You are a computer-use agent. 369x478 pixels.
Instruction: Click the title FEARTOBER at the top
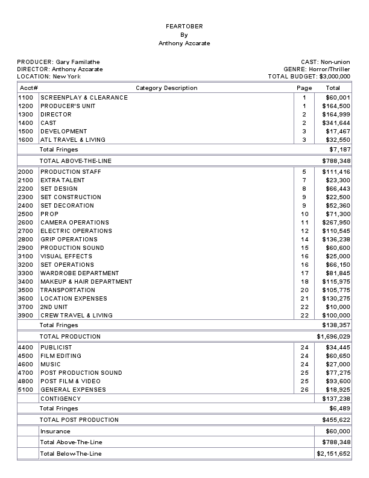(x=184, y=27)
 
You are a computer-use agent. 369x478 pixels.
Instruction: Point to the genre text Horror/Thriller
(x=329, y=69)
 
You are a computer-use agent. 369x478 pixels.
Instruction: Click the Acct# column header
(x=28, y=88)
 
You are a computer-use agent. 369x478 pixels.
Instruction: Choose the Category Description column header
(x=166, y=88)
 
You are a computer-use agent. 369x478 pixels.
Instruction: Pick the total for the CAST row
(x=338, y=123)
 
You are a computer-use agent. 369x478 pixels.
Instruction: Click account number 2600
(x=26, y=223)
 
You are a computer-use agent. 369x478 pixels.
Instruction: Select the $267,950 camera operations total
(x=338, y=223)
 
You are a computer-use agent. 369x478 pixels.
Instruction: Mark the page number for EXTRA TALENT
(x=304, y=180)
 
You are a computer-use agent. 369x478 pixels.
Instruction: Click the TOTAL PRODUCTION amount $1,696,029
(x=333, y=337)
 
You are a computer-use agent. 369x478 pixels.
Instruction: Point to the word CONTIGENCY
(x=60, y=399)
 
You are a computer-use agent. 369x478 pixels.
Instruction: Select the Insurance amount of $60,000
(x=338, y=432)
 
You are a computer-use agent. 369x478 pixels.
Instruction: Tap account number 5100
(x=26, y=390)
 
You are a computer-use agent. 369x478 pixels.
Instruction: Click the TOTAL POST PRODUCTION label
(x=80, y=420)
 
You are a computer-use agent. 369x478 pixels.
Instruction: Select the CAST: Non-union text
(x=326, y=62)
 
